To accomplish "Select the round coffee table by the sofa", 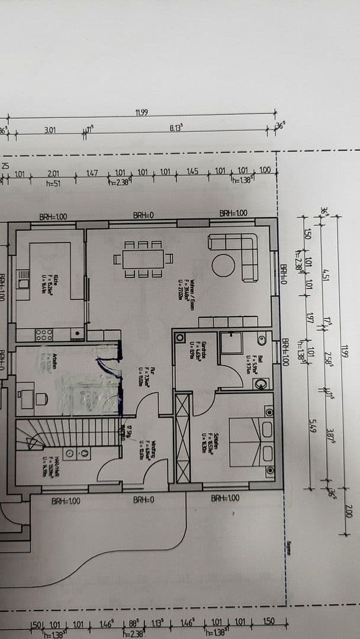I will pyautogui.click(x=223, y=264).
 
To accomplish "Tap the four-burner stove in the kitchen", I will pyautogui.click(x=44, y=334).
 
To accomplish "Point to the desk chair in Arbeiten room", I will pyautogui.click(x=42, y=399).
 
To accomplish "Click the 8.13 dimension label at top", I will pyautogui.click(x=176, y=128).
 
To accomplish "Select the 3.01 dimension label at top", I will pyautogui.click(x=50, y=130).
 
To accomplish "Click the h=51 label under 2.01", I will pyautogui.click(x=54, y=183).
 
